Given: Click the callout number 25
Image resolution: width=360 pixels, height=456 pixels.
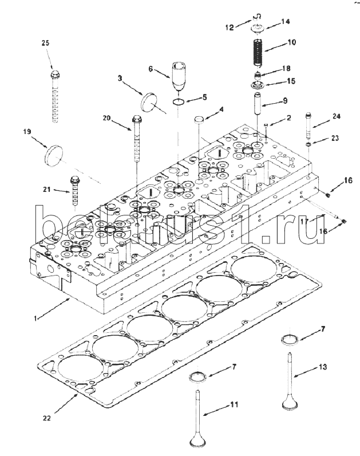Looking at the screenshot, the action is pyautogui.click(x=45, y=43).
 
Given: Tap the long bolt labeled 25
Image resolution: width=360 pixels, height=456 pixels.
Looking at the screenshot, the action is pyautogui.click(x=55, y=96).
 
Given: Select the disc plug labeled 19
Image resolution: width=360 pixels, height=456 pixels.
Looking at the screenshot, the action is pyautogui.click(x=54, y=156).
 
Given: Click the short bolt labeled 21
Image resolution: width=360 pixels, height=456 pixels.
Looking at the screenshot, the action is pyautogui.click(x=74, y=190).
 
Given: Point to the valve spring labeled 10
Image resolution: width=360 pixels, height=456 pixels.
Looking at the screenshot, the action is pyautogui.click(x=257, y=52).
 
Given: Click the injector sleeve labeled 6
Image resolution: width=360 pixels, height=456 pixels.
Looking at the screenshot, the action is pyautogui.click(x=179, y=76).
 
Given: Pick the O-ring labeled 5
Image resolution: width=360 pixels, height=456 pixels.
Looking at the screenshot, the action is pyautogui.click(x=178, y=102).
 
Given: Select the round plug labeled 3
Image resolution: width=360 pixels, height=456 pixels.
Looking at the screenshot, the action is pyautogui.click(x=148, y=101).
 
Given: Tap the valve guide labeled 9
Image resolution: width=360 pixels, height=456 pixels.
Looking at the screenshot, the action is pyautogui.click(x=258, y=103).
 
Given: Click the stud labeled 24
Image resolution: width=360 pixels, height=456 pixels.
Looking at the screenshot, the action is pyautogui.click(x=308, y=127).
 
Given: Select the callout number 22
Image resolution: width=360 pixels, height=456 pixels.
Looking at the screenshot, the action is pyautogui.click(x=46, y=418).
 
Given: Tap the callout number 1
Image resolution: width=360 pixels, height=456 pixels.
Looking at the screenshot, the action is pyautogui.click(x=35, y=319).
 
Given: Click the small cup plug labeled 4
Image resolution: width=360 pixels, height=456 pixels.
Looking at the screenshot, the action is pyautogui.click(x=198, y=120).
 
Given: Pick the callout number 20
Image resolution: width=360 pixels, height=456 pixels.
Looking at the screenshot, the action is pyautogui.click(x=106, y=118).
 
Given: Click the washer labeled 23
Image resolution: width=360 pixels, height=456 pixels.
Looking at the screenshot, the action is pyautogui.click(x=308, y=144).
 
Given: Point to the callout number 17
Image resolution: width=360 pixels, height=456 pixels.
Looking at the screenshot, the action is pyautogui.click(x=304, y=222).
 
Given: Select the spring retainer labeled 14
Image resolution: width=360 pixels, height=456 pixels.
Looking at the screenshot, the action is pyautogui.click(x=256, y=29).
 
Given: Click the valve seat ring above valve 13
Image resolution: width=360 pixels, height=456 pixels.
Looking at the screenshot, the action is pyautogui.click(x=290, y=340).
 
